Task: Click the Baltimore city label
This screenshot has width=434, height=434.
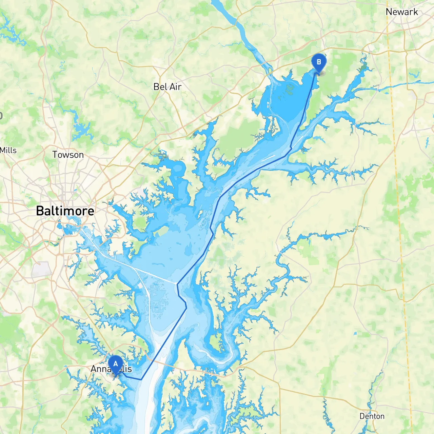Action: [65, 211]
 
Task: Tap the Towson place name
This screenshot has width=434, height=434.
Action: [68, 155]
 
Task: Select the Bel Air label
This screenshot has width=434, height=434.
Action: [167, 87]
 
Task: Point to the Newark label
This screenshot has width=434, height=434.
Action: [401, 12]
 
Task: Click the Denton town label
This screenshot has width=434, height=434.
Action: [372, 416]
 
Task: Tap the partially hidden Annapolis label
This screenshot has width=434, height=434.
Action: [111, 369]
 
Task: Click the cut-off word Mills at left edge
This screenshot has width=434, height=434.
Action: [8, 150]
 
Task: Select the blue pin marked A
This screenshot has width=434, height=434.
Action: [115, 364]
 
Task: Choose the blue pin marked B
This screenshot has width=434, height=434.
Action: [318, 63]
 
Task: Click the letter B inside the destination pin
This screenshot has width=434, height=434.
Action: [318, 62]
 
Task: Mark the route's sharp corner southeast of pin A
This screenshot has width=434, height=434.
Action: [141, 379]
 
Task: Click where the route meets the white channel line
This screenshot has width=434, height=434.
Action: [177, 283]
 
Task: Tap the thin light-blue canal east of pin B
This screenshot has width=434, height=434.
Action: [400, 86]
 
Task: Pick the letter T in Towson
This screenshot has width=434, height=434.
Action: [55, 155]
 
